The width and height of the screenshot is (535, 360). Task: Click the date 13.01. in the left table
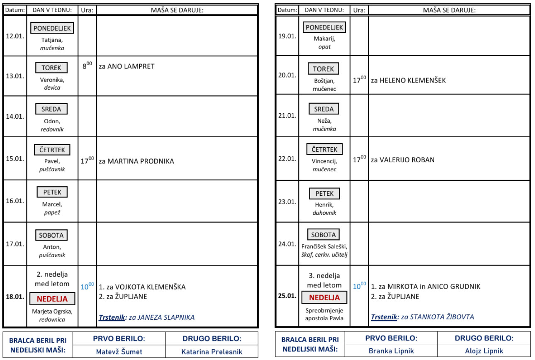tap(15, 76)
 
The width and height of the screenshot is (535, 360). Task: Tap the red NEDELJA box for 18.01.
tap(52, 299)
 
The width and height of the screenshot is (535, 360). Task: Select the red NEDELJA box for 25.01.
tap(324, 297)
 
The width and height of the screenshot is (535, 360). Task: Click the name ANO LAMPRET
tap(131, 66)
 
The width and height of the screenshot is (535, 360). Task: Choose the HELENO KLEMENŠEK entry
tap(409, 80)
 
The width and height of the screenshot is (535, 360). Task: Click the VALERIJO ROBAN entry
tap(403, 160)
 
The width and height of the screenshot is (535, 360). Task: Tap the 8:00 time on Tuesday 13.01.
tap(87, 66)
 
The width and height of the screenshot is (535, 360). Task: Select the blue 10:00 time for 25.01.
tap(359, 286)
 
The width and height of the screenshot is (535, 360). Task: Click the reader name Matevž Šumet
tap(119, 352)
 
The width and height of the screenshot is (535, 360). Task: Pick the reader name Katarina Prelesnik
tap(212, 352)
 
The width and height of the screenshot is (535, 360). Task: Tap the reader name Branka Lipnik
tap(391, 351)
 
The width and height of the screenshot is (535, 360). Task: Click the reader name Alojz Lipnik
tap(484, 351)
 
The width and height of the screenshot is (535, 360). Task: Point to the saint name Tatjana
tap(52, 40)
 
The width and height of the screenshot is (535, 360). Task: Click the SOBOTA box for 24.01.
tap(323, 235)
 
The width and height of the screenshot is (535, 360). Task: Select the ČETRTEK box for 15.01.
tap(52, 150)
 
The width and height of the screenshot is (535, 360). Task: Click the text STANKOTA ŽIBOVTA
tap(442, 317)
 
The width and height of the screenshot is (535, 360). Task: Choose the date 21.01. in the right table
tap(287, 116)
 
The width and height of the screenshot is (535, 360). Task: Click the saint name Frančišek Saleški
tap(324, 247)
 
